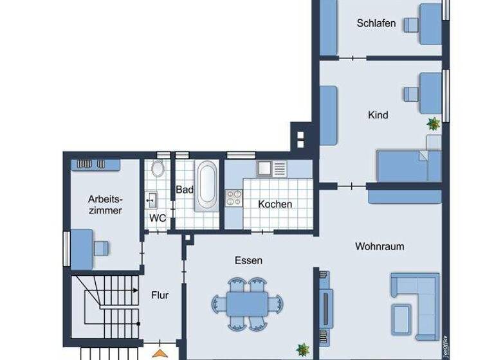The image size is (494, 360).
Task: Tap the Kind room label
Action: [x=378, y=115]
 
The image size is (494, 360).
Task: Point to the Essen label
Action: [x=248, y=260]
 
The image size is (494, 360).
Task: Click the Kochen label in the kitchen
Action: [x=275, y=204]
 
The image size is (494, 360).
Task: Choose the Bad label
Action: [x=185, y=190]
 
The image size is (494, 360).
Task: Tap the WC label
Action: [x=158, y=218]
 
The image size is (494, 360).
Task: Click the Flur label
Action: [x=160, y=295]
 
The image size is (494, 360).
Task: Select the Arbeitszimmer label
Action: [x=105, y=204]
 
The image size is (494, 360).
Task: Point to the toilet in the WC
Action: [x=158, y=170]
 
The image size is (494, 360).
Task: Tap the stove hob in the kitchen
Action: [x=233, y=197]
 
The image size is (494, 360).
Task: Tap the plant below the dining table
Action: [x=302, y=350]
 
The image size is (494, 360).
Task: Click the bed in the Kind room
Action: [x=408, y=167]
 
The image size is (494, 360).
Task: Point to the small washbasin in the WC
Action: [x=151, y=199]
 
